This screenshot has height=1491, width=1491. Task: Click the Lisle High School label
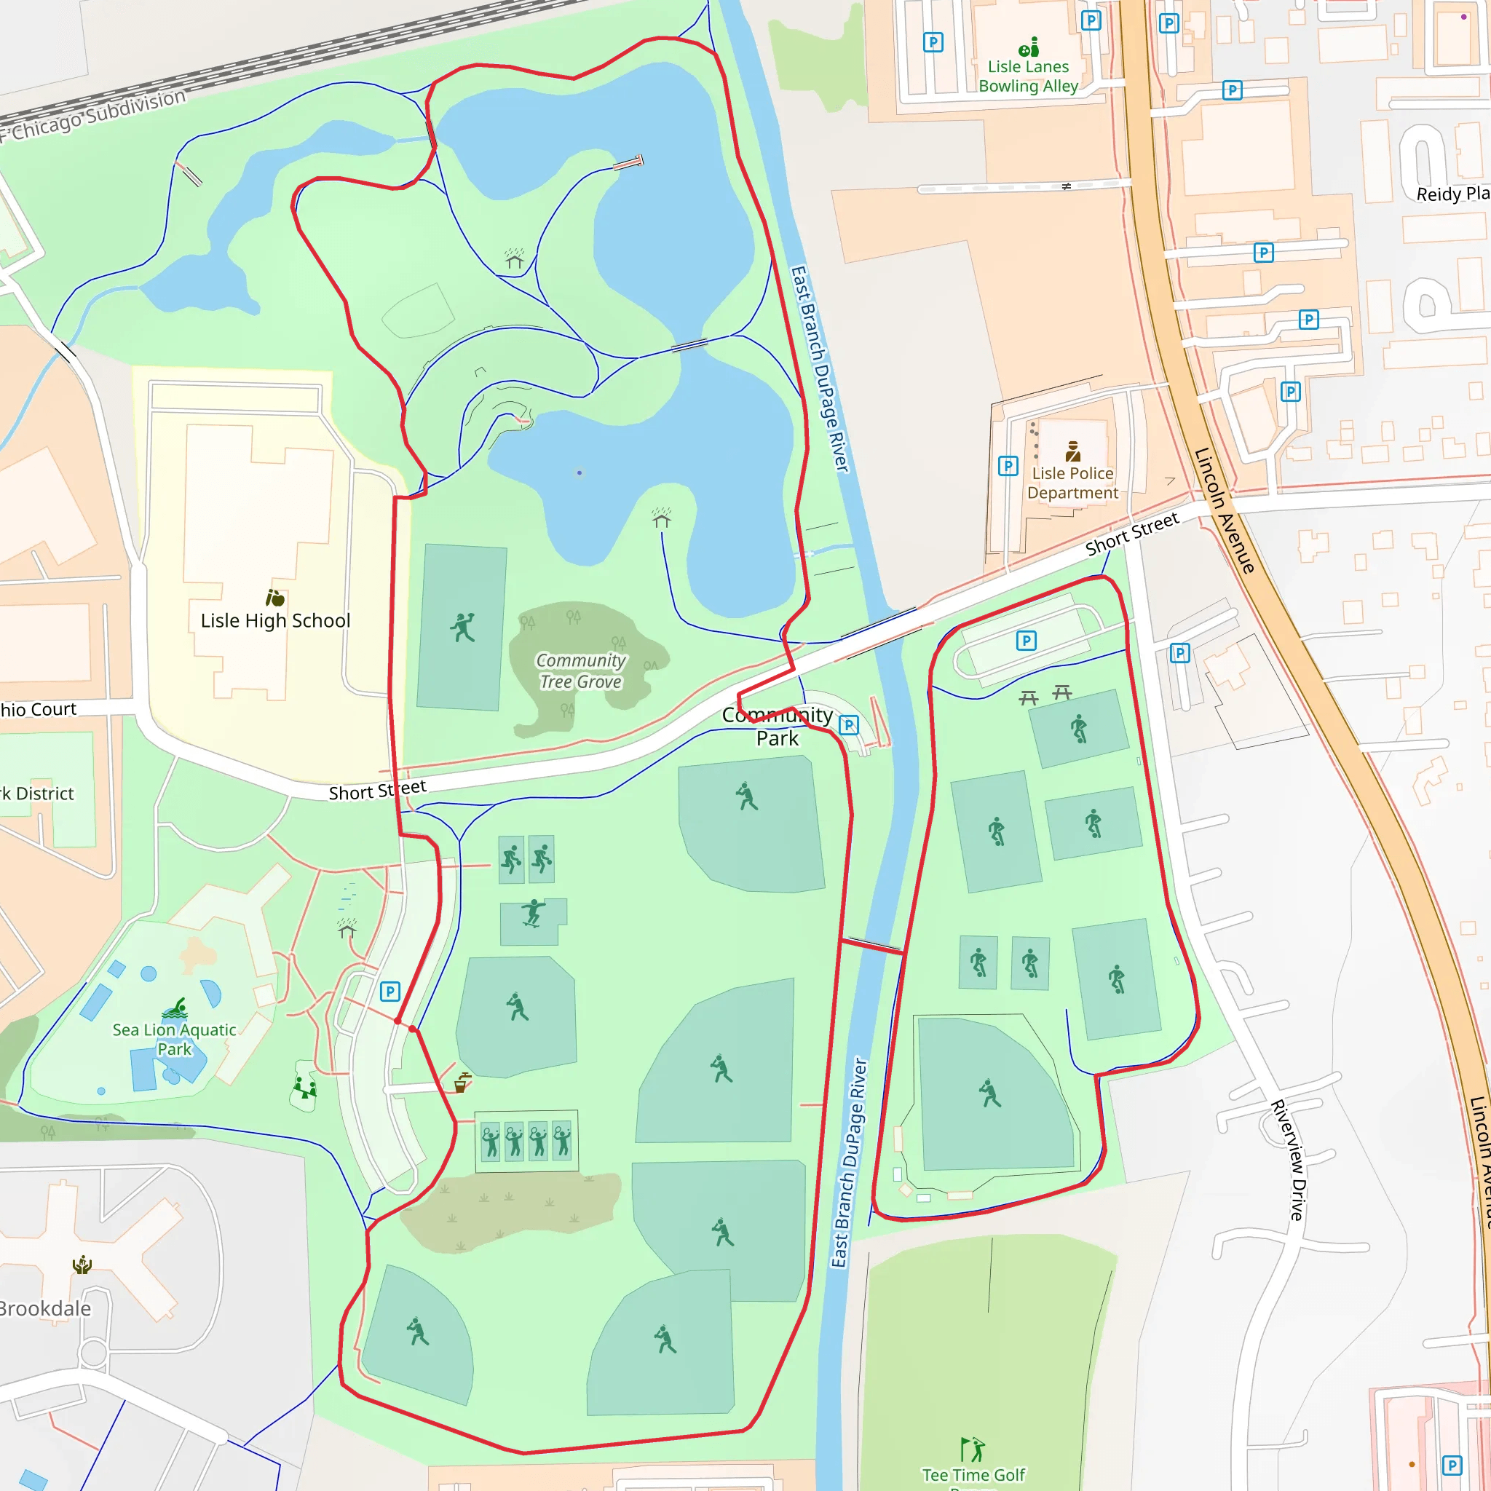275,620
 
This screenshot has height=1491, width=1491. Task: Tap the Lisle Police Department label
1072,483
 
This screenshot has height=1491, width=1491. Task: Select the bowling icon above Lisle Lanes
1029,48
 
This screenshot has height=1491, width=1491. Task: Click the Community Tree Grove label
580,671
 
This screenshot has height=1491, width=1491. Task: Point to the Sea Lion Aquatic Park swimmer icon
175,1008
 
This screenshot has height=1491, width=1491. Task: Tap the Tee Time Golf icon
973,1449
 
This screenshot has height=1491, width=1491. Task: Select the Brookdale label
44,1309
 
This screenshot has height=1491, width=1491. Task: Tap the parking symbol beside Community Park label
849,724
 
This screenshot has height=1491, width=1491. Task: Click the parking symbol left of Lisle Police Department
1008,465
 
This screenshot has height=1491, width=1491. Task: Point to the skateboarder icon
532,912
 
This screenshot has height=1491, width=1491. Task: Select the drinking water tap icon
462,1083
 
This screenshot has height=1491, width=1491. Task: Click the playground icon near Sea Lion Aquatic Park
305,1089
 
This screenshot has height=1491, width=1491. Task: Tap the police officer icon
1072,451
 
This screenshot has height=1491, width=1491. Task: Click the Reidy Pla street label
1452,194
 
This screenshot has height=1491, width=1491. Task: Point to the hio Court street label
39,709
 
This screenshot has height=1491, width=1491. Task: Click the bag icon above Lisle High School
274,597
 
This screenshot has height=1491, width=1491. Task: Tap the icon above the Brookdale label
82,1265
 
